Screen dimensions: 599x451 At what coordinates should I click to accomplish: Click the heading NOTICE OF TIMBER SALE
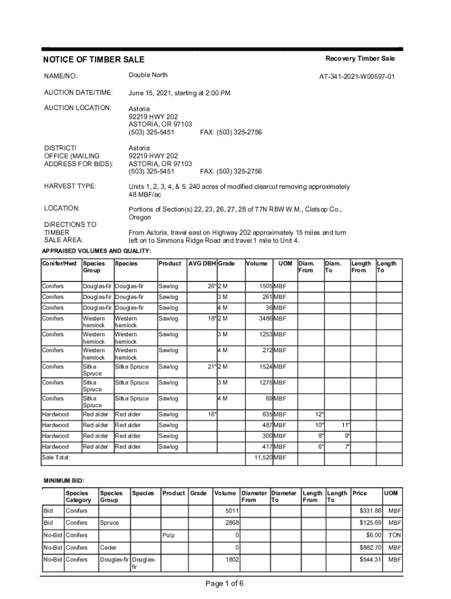pos(94,60)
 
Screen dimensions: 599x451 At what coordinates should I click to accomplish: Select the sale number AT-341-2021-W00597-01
pos(357,77)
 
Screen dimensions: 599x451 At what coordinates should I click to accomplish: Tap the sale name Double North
pos(148,75)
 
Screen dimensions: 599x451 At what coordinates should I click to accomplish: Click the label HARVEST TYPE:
pos(70,187)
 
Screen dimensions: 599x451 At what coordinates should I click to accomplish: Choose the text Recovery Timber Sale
pos(360,58)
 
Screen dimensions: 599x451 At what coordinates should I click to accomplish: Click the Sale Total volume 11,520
pos(260,457)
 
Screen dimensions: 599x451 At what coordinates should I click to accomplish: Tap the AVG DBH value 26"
pos(211,287)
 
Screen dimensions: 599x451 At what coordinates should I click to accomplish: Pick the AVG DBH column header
pos(201,263)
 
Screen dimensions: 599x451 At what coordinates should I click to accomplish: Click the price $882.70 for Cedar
pos(370,548)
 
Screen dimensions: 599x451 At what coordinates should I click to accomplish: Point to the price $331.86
pos(370,511)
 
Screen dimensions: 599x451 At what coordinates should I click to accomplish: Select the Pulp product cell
pos(168,535)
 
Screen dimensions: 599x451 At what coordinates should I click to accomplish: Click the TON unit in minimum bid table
pos(394,535)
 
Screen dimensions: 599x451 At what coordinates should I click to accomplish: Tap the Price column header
pos(360,493)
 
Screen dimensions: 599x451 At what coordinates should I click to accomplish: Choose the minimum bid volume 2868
pos(232,522)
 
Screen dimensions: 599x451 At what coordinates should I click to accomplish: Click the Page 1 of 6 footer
pos(224,583)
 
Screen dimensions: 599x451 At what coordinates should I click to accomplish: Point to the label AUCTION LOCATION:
pos(78,108)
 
